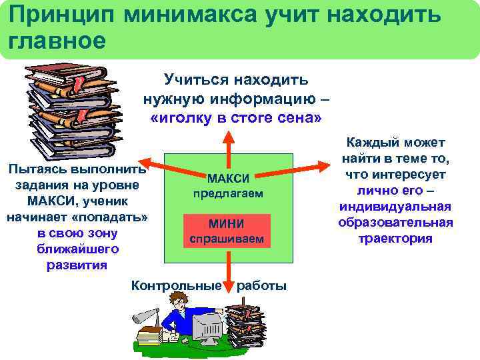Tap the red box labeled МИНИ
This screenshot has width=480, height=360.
pyautogui.click(x=227, y=224)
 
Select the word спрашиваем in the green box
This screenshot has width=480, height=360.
pyautogui.click(x=227, y=239)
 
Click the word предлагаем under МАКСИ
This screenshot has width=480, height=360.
pyautogui.click(x=228, y=193)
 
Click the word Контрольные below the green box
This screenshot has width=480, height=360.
pyautogui.click(x=177, y=286)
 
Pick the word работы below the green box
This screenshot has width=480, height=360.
pyautogui.click(x=262, y=286)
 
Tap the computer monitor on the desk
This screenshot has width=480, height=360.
pyautogui.click(x=207, y=327)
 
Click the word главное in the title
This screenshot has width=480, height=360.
pyautogui.click(x=57, y=40)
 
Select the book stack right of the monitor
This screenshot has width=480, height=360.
pyautogui.click(x=246, y=327)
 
